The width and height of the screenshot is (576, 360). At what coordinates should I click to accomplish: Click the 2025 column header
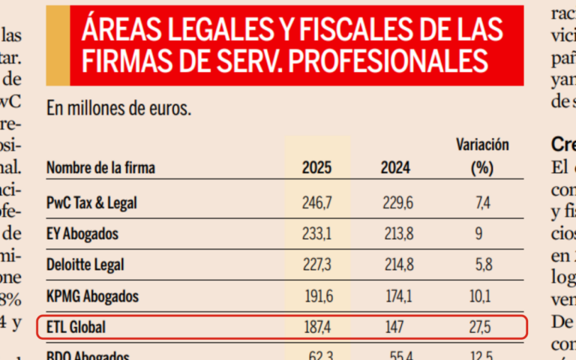pos(316,168)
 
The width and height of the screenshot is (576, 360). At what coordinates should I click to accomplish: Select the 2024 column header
pos(395,168)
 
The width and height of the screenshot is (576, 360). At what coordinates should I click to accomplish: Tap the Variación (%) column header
pos(482,156)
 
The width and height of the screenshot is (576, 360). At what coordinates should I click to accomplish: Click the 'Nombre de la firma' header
pos(100,168)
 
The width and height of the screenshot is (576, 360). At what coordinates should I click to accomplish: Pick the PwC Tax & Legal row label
pos(91,202)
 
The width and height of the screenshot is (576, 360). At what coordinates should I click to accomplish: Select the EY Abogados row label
pos(82,234)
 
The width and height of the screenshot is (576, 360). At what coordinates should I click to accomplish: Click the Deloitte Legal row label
pos(85,265)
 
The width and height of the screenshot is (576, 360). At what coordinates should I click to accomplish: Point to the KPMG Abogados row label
pos(92,296)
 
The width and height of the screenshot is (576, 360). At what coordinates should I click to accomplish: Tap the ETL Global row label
pos(76,328)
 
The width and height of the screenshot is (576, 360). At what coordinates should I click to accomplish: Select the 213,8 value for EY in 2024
pos(395,234)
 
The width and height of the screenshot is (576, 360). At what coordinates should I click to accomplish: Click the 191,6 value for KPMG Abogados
pos(316,296)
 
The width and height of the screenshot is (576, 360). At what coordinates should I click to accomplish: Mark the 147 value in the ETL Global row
pos(395,328)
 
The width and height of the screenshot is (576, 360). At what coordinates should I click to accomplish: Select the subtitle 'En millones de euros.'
pos(118,109)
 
